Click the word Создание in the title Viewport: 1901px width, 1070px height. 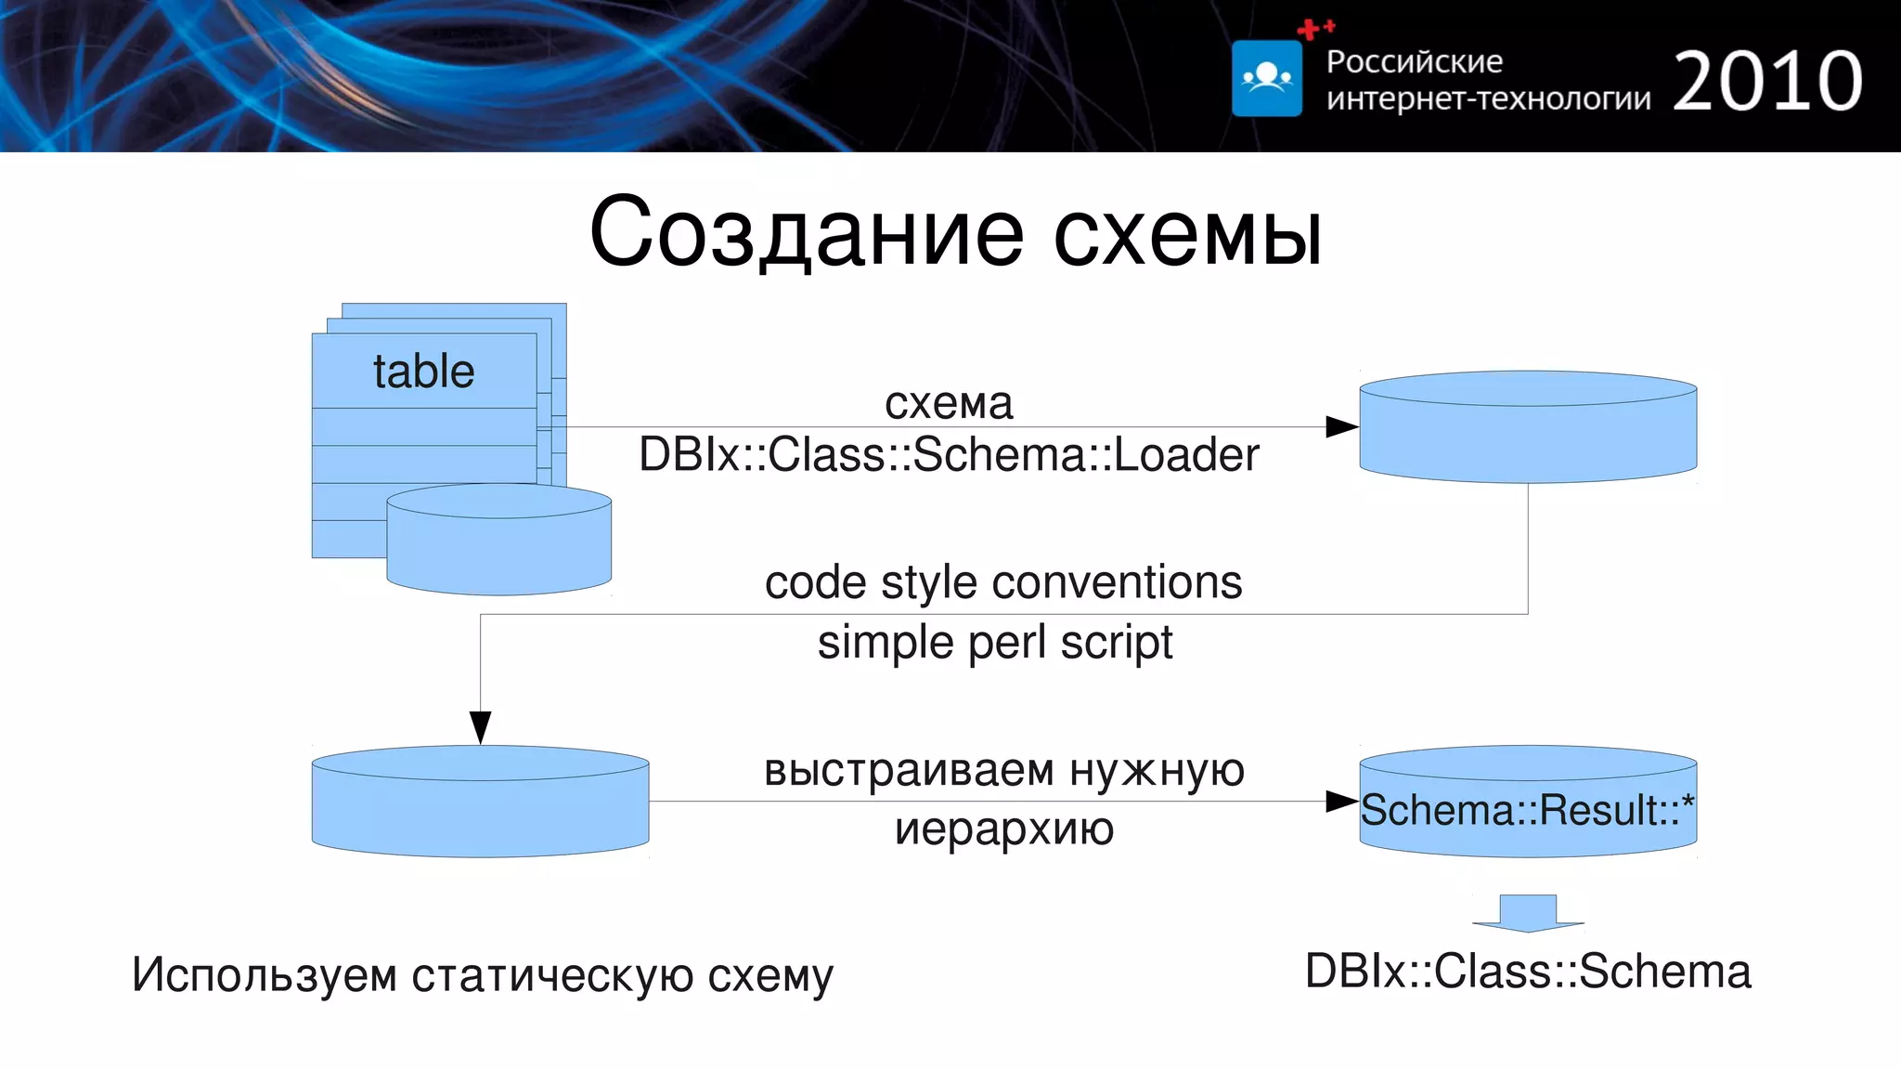tap(806, 232)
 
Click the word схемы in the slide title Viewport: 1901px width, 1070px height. tap(1187, 234)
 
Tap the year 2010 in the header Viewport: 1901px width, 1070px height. tap(1767, 82)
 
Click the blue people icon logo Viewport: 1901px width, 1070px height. tap(1266, 78)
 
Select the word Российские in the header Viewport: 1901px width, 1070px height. tap(1414, 61)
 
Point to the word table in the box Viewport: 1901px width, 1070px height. tap(423, 372)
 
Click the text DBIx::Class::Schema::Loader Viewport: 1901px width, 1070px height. tap(948, 455)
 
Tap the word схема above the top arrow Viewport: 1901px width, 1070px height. tap(948, 403)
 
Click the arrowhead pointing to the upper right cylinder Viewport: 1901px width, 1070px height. tap(1342, 427)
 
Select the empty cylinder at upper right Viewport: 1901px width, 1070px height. tap(1528, 437)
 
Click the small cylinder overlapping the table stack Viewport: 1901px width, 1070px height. tap(498, 548)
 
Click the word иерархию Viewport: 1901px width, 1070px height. tap(1003, 829)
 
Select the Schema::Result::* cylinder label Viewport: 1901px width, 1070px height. tap(1527, 810)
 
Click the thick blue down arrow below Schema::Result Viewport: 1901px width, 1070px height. tap(1528, 913)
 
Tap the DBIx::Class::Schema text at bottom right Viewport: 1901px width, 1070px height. tap(1528, 972)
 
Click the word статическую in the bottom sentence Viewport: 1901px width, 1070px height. tap(552, 975)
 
